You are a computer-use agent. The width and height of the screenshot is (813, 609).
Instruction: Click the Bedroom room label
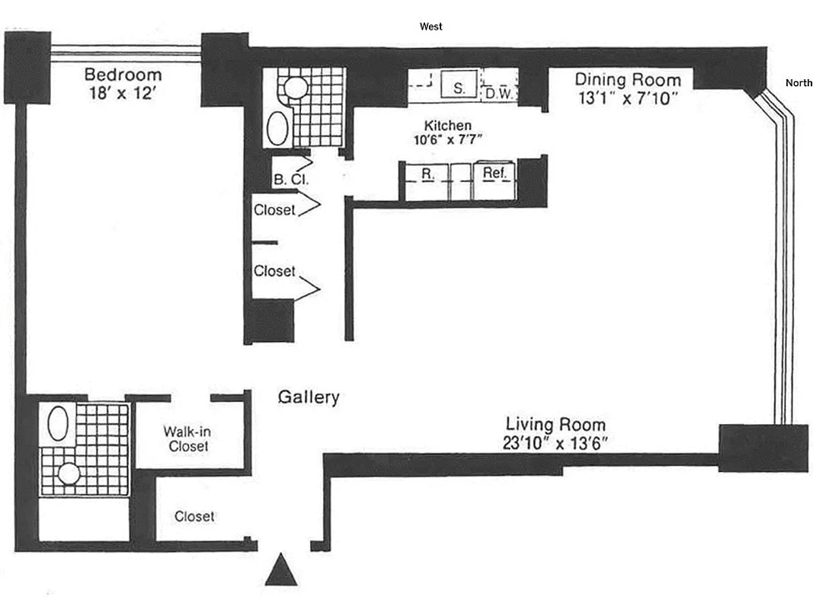coord(123,75)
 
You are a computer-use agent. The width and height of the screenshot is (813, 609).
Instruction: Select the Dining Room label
coord(628,79)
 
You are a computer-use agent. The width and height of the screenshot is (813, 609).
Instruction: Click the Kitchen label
coord(448,125)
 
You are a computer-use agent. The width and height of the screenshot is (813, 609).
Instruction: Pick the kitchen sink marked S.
coord(459,88)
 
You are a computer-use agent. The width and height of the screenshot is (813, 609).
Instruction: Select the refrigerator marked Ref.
coord(495,173)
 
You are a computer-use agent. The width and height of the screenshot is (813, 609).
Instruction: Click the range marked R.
coord(428,174)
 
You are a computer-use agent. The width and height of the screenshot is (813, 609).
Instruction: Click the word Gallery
coord(308,397)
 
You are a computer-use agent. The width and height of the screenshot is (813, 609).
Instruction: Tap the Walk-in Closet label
coord(188,438)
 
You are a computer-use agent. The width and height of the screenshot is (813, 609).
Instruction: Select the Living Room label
coord(556,424)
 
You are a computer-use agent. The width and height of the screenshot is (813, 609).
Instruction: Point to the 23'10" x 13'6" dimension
coord(556,442)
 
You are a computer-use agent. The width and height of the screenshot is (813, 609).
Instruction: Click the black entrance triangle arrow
coord(280,570)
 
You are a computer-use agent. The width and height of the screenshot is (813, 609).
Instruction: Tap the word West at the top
coord(431,27)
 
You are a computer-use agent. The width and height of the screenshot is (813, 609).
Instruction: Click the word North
coord(798,83)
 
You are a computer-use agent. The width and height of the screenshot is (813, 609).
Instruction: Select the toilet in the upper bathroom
coord(295,88)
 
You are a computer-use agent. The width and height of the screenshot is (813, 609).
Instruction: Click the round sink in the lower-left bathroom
coord(69,473)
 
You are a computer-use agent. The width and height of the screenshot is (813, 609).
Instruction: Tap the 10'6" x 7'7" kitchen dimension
coord(448,139)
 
